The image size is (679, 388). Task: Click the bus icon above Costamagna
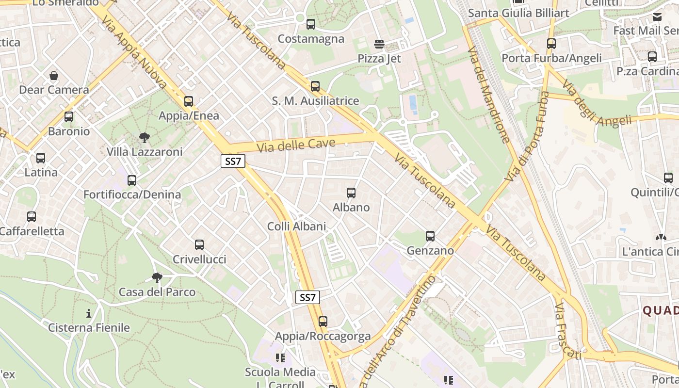pyautogui.click(x=311, y=24)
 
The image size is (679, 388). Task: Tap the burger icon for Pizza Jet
pyautogui.click(x=379, y=45)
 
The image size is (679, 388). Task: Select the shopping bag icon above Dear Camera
pyautogui.click(x=54, y=76)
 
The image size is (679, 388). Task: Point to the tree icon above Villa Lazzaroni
pyautogui.click(x=144, y=138)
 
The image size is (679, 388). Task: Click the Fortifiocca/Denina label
pyautogui.click(x=132, y=194)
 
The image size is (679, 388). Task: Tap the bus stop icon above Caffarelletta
pyautogui.click(x=32, y=217)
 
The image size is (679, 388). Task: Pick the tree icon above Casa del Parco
pyautogui.click(x=157, y=278)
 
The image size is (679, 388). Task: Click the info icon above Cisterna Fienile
pyautogui.click(x=89, y=313)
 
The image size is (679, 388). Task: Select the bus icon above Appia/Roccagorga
pyautogui.click(x=323, y=321)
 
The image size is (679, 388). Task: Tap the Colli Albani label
pyautogui.click(x=296, y=226)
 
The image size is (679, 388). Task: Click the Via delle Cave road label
pyautogui.click(x=296, y=145)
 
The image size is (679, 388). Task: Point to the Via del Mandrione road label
pyautogui.click(x=488, y=95)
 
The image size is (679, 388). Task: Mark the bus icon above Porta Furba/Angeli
pyautogui.click(x=551, y=44)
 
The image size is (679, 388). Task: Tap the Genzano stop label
pyautogui.click(x=430, y=251)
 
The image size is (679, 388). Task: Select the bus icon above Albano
pyautogui.click(x=351, y=193)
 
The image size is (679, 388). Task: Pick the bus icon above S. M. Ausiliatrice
pyautogui.click(x=315, y=86)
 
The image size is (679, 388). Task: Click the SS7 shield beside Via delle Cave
pyautogui.click(x=233, y=161)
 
